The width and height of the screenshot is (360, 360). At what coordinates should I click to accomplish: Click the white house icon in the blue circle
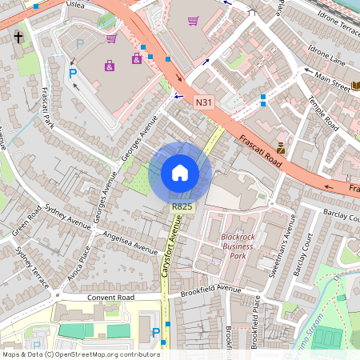click(180, 172)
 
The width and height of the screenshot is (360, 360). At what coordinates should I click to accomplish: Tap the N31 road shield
click(204, 102)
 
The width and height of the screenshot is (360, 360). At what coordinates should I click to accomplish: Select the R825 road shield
click(182, 206)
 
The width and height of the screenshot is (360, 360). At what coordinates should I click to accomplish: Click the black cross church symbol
click(18, 38)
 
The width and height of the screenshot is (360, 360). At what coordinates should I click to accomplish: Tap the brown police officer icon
click(281, 147)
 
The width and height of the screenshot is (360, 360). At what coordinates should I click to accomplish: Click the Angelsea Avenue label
click(126, 242)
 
